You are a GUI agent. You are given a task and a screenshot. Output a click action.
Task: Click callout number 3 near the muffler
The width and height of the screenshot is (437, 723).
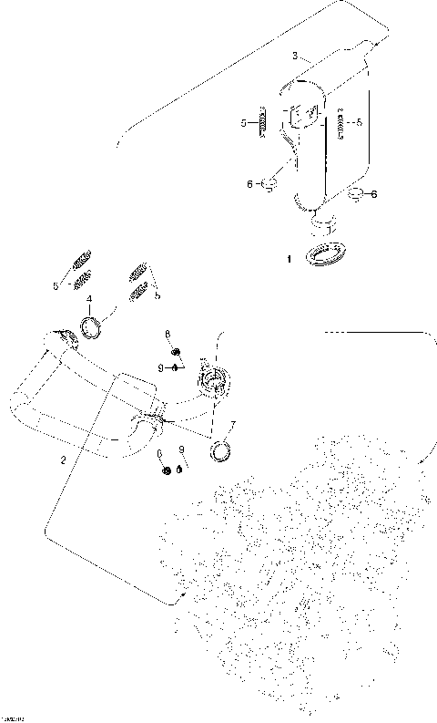pos(295,57)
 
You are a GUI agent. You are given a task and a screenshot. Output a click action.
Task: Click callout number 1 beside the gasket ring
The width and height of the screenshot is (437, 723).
pos(290,260)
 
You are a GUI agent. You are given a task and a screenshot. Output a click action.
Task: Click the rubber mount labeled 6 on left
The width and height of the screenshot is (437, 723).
pos(270,186)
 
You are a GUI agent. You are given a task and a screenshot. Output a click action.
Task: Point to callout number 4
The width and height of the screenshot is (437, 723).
pos(88,299)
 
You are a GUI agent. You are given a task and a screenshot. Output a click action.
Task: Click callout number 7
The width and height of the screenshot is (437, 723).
pos(232,426)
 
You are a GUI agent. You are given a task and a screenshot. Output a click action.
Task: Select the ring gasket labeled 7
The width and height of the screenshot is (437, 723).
pos(220,450)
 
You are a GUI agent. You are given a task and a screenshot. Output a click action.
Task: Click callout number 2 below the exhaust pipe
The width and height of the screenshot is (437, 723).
pos(62,460)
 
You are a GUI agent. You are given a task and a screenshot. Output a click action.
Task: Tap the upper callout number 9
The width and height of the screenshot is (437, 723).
pos(159,367)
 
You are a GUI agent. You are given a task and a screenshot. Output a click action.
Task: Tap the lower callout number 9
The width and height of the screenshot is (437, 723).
pos(181,449)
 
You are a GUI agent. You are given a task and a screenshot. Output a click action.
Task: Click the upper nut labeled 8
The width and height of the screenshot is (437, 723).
pos(177,352)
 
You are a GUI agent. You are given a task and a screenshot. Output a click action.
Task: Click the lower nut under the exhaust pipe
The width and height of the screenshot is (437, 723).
pos(165,470)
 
